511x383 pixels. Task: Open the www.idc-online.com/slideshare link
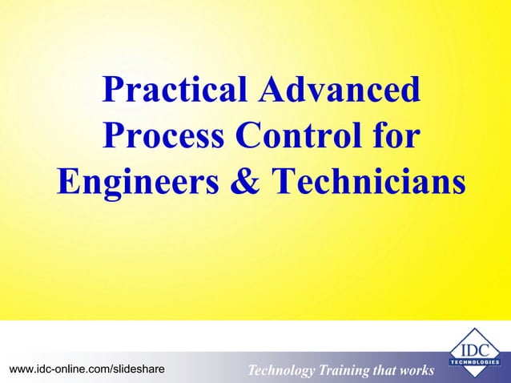87,369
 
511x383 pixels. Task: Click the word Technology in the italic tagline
281,370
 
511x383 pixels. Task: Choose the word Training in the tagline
347,370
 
